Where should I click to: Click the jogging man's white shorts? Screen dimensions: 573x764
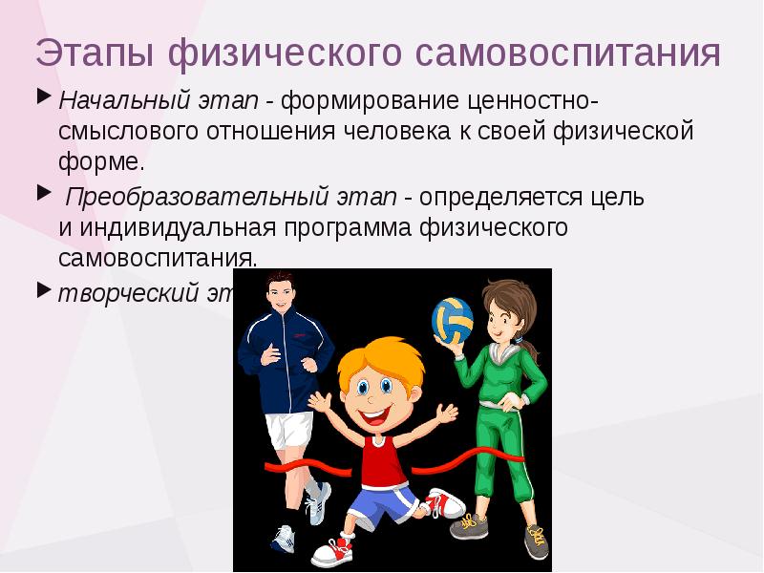pos(288,428)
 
